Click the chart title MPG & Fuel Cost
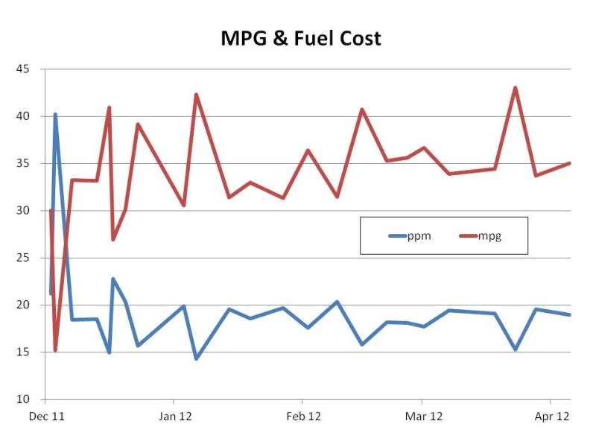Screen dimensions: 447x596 click(300, 38)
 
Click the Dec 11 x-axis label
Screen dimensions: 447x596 click(45, 417)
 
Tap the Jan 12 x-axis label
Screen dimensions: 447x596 click(176, 417)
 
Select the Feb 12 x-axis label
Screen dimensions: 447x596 click(304, 417)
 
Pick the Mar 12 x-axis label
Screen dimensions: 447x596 click(425, 417)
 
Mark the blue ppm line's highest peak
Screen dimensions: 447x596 click(55, 115)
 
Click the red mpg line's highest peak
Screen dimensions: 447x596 click(515, 88)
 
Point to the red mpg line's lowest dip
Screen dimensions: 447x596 click(55, 350)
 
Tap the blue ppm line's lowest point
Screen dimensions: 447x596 click(196, 359)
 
